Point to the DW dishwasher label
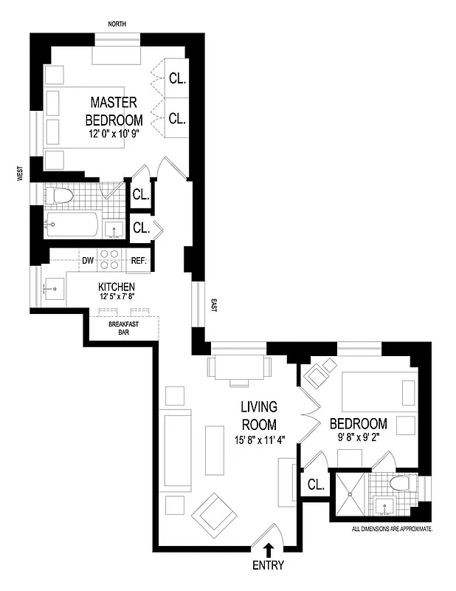(87, 261)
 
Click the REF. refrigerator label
(139, 261)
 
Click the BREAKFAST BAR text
(124, 329)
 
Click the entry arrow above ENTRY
(269, 550)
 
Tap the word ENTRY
(269, 567)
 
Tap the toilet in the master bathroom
(60, 197)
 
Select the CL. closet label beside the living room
(315, 485)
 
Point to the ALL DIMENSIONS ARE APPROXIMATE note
(392, 530)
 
